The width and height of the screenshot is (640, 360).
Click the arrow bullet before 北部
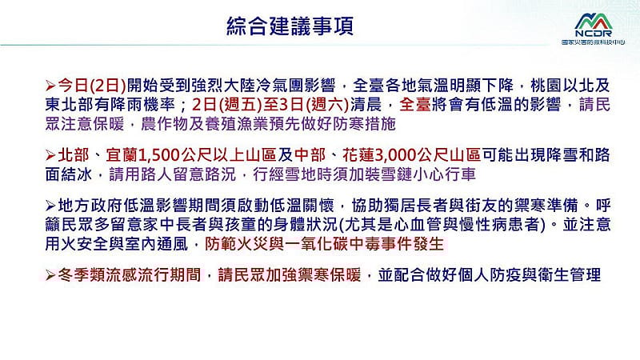(x=51, y=154)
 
